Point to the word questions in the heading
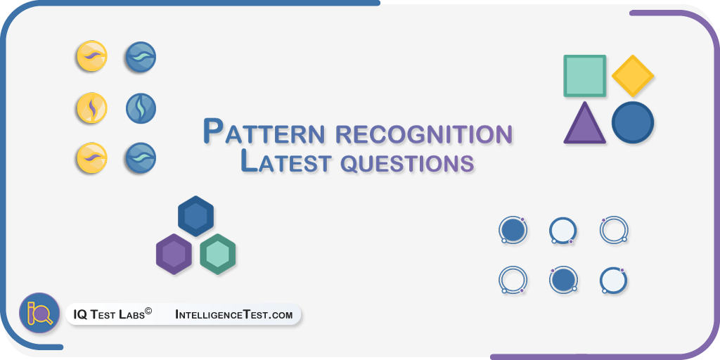pyautogui.click(x=408, y=164)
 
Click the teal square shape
pyautogui.click(x=584, y=76)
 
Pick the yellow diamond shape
pyautogui.click(x=633, y=76)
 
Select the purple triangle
pyautogui.click(x=584, y=123)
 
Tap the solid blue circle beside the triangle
pyautogui.click(x=633, y=122)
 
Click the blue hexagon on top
pyautogui.click(x=196, y=216)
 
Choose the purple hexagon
pyautogui.click(x=174, y=254)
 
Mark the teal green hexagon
pyautogui.click(x=218, y=254)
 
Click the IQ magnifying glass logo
pyautogui.click(x=39, y=313)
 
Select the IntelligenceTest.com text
pyautogui.click(x=233, y=315)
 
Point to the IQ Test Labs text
pyautogui.click(x=109, y=315)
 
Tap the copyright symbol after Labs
pyautogui.click(x=148, y=311)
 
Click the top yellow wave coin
pyautogui.click(x=92, y=56)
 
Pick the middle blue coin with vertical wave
pyautogui.click(x=141, y=108)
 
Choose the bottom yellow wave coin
pyautogui.click(x=92, y=158)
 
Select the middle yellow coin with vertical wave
pyautogui.click(x=92, y=108)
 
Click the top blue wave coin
pyautogui.click(x=141, y=57)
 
